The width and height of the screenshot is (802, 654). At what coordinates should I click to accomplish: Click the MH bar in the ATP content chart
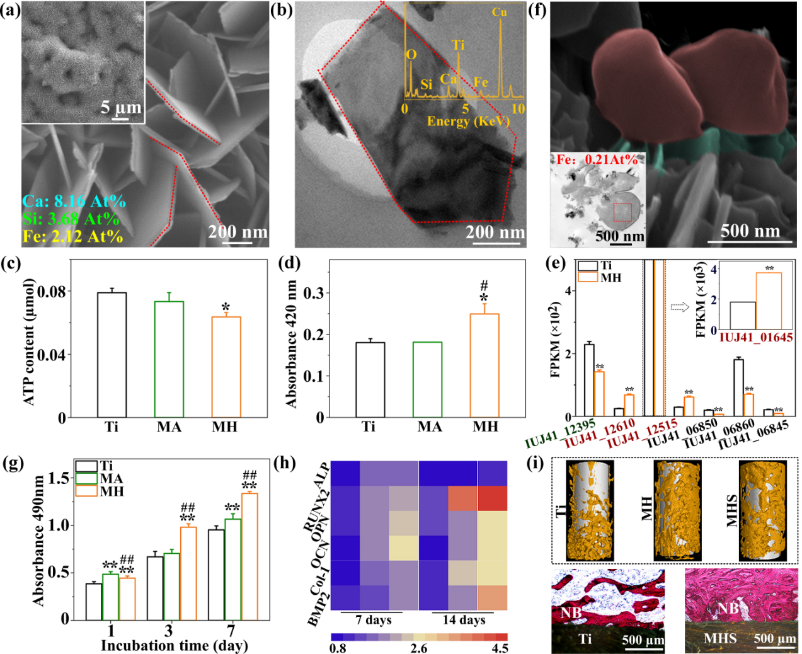click(x=226, y=366)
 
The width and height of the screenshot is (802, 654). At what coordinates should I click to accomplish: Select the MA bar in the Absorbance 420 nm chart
click(x=428, y=379)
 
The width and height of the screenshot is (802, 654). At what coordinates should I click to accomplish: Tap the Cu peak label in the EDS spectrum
click(x=499, y=13)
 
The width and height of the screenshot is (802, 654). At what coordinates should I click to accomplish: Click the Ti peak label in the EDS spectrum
click(x=458, y=45)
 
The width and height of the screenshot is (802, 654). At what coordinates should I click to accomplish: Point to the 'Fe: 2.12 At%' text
click(x=73, y=236)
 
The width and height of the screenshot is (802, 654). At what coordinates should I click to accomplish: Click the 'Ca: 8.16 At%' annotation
click(x=74, y=202)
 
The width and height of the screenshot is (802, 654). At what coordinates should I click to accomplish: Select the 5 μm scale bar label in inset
click(x=121, y=107)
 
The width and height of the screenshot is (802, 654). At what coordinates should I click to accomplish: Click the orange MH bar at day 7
click(x=249, y=555)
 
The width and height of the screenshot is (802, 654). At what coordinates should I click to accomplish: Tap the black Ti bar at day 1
click(x=94, y=601)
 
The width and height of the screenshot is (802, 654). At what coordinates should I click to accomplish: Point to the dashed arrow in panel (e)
click(x=680, y=307)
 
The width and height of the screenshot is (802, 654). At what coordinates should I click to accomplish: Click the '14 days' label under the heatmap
click(x=464, y=620)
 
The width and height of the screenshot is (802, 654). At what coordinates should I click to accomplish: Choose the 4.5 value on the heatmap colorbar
click(x=500, y=648)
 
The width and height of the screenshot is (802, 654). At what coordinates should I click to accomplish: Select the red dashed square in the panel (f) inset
click(x=622, y=212)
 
